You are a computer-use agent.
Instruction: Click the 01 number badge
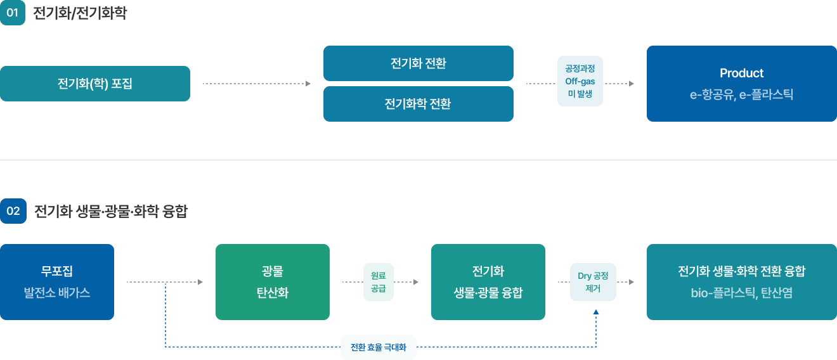click(13, 13)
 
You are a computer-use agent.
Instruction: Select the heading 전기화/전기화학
click(80, 13)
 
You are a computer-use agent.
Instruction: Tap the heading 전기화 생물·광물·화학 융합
click(111, 211)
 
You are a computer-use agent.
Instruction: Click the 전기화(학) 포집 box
click(95, 84)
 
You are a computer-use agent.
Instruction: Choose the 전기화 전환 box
click(418, 63)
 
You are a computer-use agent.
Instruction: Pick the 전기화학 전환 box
click(418, 104)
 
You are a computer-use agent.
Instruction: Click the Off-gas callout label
click(580, 82)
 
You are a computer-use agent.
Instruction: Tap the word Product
click(741, 73)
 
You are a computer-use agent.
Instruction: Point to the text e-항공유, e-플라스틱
click(741, 95)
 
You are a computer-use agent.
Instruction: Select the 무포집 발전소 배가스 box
click(57, 282)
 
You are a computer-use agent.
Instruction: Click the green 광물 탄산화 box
click(273, 282)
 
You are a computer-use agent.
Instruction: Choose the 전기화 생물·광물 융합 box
click(488, 282)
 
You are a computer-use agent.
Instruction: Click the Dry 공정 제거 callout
click(593, 282)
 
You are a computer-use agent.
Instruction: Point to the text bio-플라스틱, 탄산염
click(741, 293)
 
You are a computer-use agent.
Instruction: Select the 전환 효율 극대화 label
click(379, 347)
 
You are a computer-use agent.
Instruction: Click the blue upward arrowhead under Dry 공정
click(596, 312)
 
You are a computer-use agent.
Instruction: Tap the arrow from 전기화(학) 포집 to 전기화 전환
click(257, 84)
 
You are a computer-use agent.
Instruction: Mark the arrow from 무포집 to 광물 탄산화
click(165, 282)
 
